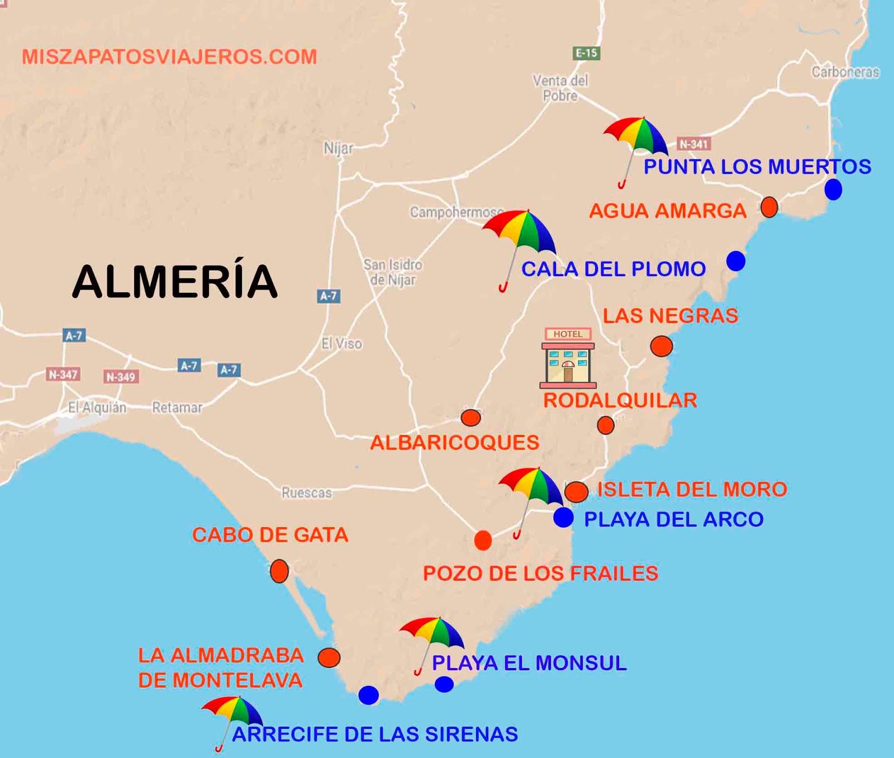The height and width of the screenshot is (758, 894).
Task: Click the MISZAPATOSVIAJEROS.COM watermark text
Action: [x=169, y=57]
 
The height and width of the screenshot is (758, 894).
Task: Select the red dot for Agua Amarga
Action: [x=769, y=207]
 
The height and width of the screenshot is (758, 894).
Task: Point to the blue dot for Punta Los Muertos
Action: [x=833, y=190]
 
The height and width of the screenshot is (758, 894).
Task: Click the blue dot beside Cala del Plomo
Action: [x=736, y=260]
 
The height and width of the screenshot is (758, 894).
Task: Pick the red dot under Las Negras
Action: [x=662, y=346]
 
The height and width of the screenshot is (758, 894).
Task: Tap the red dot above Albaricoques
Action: [x=470, y=417]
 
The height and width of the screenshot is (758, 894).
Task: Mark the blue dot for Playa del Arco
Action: [x=563, y=518]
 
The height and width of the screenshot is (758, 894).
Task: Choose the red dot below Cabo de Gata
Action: [x=279, y=571]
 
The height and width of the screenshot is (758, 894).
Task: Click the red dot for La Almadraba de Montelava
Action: [x=329, y=657]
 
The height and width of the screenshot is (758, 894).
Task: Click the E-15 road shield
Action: [x=586, y=53]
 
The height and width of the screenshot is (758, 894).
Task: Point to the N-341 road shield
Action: [x=693, y=144]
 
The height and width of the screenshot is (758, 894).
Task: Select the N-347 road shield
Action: [x=63, y=375]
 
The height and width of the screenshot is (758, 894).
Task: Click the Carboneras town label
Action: [x=845, y=72]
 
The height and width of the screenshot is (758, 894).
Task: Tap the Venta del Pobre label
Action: [x=560, y=88]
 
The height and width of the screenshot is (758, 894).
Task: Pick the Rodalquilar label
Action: [x=620, y=400]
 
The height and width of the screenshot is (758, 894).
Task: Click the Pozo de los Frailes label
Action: [x=540, y=574]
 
